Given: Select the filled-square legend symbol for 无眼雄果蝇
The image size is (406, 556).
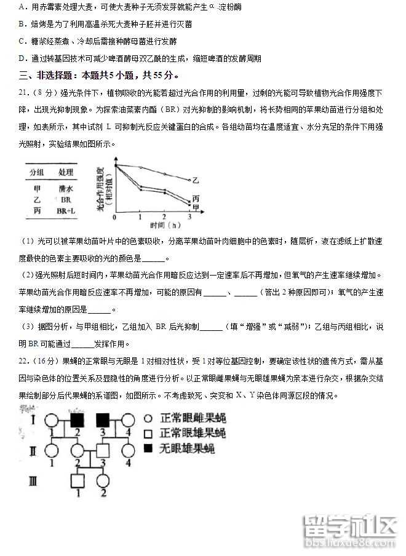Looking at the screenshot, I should tap(149, 448).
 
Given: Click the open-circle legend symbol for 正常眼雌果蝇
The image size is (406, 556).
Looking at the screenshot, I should tap(149, 419).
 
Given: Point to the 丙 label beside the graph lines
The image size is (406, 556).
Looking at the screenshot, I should tap(195, 198).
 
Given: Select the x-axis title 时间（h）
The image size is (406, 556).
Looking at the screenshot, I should tap(152, 226).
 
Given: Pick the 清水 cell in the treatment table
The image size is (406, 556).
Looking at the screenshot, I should tap(66, 189).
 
